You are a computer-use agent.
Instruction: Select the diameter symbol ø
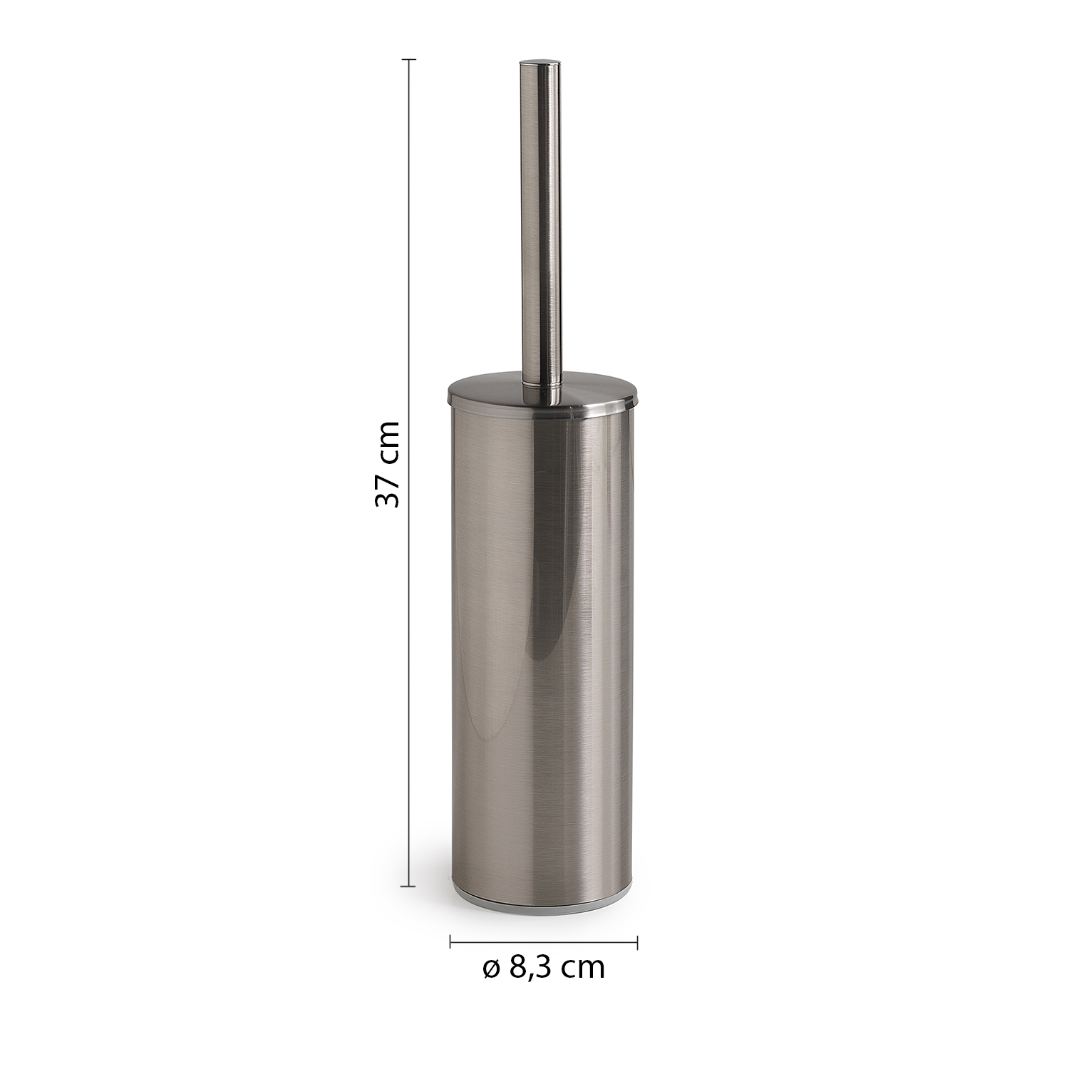491,968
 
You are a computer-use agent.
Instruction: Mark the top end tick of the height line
408,60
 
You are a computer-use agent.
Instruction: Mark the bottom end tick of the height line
408,887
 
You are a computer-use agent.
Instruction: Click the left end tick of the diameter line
450,942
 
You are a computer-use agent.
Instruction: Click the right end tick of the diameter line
637,942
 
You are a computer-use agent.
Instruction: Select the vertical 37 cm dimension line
408,473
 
